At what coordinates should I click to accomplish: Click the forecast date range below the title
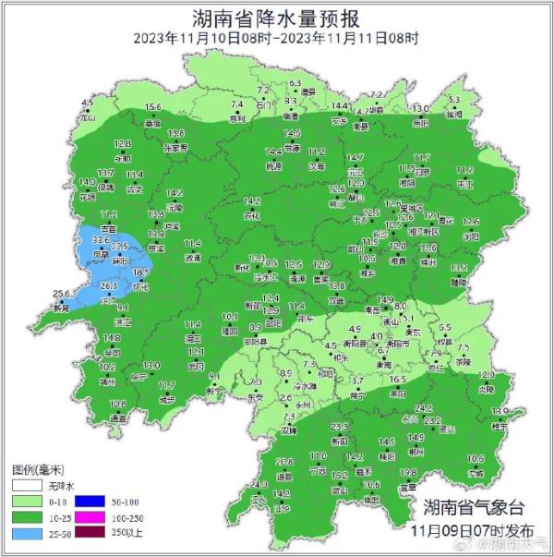coord(276,38)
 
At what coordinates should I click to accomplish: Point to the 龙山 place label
coord(88,118)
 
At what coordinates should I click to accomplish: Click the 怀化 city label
coord(140,286)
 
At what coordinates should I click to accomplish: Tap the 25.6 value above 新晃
coord(61,294)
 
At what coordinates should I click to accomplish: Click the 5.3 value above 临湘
coord(453,100)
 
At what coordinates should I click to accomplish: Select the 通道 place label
coord(118,418)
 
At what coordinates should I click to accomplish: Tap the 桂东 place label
coord(500,426)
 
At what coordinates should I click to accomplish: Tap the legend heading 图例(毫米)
coord(36,468)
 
